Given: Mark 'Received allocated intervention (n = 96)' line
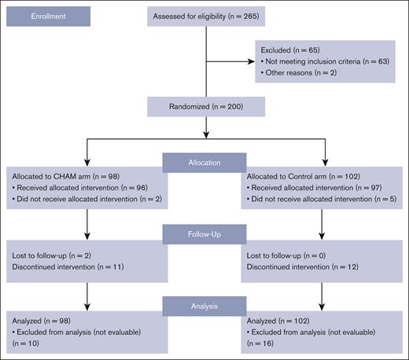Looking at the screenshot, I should (x=79, y=189).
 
